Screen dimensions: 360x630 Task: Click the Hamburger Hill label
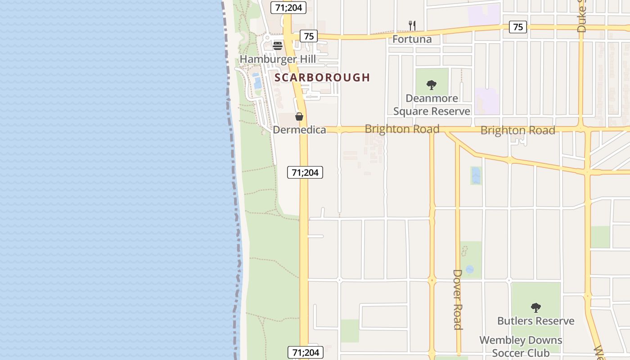(x=278, y=59)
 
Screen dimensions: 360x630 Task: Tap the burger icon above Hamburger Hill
(x=278, y=45)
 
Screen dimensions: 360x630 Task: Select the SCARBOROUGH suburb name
(x=322, y=77)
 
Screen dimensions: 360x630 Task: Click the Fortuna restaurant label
(x=412, y=39)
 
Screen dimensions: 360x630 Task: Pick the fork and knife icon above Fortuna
(x=412, y=25)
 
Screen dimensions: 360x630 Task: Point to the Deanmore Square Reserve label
(x=432, y=104)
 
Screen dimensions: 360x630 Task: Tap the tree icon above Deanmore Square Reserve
(x=432, y=85)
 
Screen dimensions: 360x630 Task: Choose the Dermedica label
(x=299, y=130)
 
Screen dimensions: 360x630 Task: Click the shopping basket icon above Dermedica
(x=299, y=117)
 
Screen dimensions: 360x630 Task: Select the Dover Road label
(x=458, y=299)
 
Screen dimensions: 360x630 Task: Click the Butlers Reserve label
(x=535, y=321)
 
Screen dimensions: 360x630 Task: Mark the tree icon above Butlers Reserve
(x=535, y=308)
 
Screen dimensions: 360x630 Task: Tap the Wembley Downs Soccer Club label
(x=521, y=346)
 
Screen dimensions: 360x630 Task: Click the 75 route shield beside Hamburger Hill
(x=309, y=36)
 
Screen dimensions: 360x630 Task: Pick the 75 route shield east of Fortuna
(x=518, y=27)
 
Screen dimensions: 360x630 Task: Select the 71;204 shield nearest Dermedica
(x=305, y=172)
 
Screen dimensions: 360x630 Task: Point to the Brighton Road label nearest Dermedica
(x=402, y=129)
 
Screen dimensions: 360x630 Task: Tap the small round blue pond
(x=470, y=269)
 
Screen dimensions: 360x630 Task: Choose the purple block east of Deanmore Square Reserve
(x=487, y=101)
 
